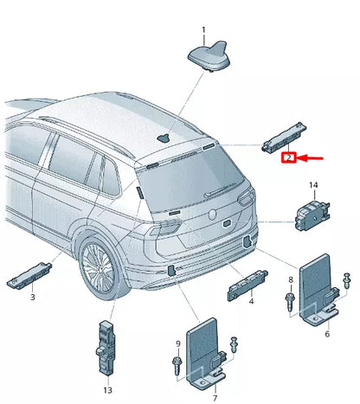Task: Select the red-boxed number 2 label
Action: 291,157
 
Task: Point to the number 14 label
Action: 314,185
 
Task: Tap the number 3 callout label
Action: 33,297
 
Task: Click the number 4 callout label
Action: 251,301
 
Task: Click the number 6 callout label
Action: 327,334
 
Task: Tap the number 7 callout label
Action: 215,396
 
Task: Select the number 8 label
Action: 291,281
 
